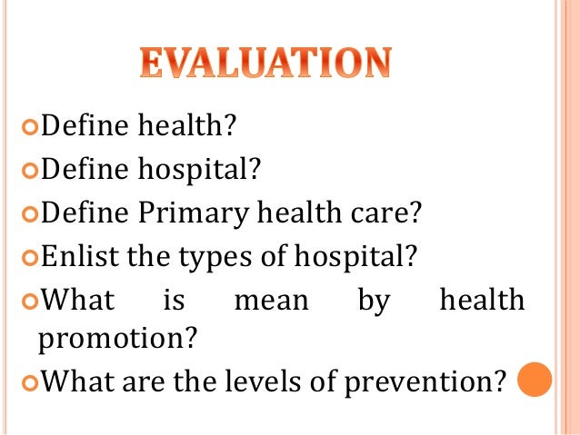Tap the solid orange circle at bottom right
pos(535,381)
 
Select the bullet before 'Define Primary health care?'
pos(28,213)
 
